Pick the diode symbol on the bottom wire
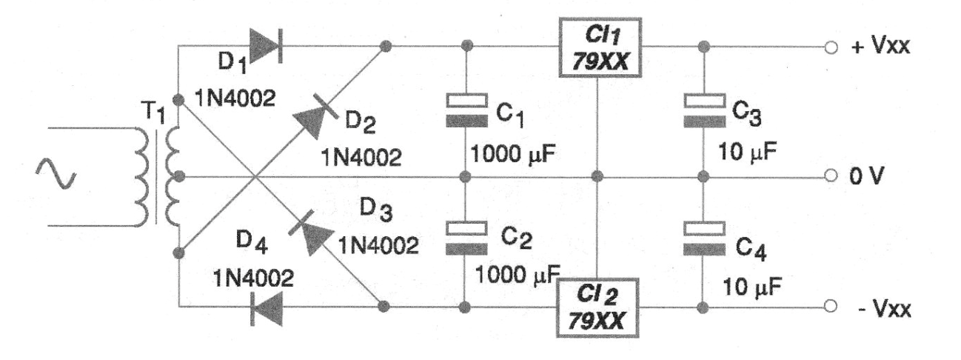[x=267, y=307]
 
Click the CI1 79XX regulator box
[x=600, y=47]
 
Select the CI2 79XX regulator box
[x=597, y=308]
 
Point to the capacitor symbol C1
[x=466, y=110]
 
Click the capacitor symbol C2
[x=466, y=238]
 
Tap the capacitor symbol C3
[x=704, y=110]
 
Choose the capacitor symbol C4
[x=704, y=239]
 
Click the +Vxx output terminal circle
[x=831, y=47]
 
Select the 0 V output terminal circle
[x=831, y=176]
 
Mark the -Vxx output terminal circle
[x=831, y=306]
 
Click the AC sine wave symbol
[x=56, y=173]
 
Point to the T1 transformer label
[x=153, y=112]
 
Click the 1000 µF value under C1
[x=513, y=153]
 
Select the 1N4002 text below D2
[x=361, y=158]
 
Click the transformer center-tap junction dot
[x=179, y=176]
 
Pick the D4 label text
[x=252, y=243]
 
